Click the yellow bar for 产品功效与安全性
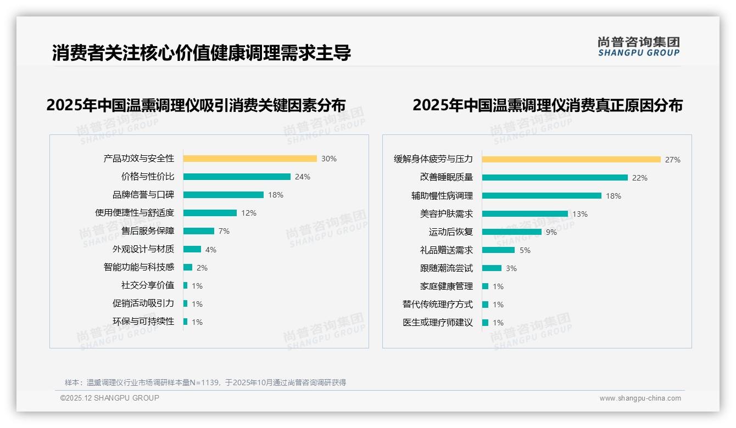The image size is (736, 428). pos(250,159)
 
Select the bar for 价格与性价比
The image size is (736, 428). pos(237,177)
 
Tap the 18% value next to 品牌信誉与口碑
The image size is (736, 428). pos(276,195)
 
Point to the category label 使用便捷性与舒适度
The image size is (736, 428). pos(135,213)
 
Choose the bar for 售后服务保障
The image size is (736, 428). pos(199,231)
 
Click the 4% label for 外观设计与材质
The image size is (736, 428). pos(211,250)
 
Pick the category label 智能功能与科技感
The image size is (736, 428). pos(139,267)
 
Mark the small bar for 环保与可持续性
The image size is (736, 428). pos(186,322)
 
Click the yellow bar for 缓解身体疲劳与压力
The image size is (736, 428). pos(571,160)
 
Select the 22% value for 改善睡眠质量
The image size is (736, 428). pos(640,178)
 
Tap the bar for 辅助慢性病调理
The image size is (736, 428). pos(542,196)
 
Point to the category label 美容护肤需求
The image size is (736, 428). pos(447,213)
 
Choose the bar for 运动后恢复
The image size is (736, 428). pos(512,232)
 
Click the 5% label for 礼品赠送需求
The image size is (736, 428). pos(525,250)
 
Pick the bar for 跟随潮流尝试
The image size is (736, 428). pos(492,268)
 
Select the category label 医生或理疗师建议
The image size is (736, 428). pos(438,323)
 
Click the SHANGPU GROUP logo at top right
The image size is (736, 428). pos(639,47)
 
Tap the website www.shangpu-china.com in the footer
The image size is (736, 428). pos(640,398)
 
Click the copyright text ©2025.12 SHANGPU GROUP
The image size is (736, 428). pos(110,398)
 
